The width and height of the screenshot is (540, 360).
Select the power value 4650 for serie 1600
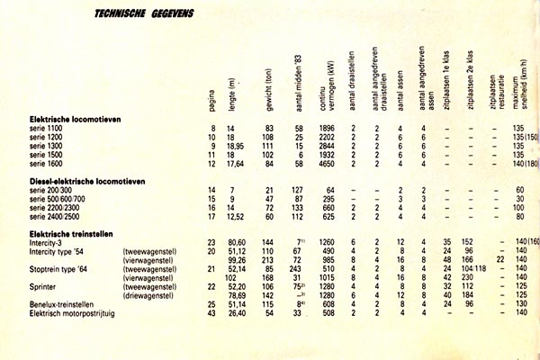click(326, 164)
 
